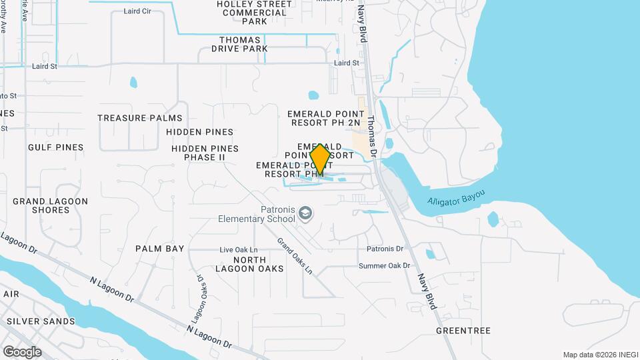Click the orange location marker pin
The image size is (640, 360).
click(320, 160)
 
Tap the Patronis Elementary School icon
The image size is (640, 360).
click(306, 213)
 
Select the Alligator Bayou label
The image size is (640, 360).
click(456, 198)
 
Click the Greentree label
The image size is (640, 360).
click(463, 331)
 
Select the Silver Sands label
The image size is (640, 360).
click(41, 321)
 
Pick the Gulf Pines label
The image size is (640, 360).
click(56, 147)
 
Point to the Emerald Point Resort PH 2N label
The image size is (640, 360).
click(324, 118)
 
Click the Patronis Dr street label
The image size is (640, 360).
click(385, 249)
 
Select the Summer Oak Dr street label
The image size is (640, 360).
click(384, 266)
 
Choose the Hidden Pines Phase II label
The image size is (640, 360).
click(205, 153)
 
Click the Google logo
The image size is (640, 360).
click(22, 351)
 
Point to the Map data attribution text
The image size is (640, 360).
click(599, 355)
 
